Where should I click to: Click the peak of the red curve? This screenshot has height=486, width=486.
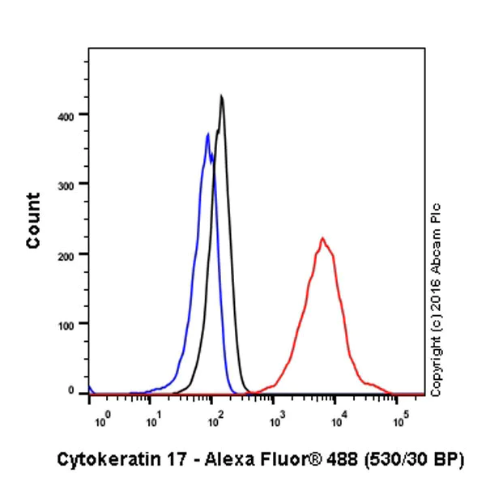[x=322, y=238]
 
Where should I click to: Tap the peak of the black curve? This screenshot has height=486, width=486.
[x=221, y=96]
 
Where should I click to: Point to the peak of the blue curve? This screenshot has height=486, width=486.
[x=208, y=134]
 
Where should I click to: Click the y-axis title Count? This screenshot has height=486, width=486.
[x=33, y=220]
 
